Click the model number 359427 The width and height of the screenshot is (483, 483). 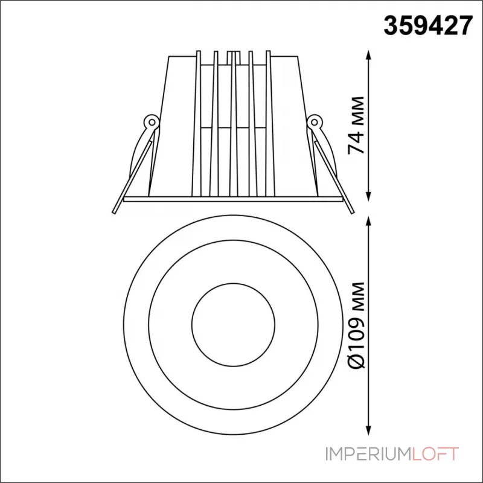427,26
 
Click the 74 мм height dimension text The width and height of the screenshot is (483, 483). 356,126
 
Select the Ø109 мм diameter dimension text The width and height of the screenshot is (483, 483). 356,325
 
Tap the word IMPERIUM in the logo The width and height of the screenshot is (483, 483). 368,454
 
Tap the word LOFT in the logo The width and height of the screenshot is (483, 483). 435,454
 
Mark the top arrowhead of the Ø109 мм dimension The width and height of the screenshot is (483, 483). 368,222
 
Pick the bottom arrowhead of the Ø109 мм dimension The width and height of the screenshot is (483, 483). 368,429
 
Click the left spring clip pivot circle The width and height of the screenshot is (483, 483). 152,123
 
